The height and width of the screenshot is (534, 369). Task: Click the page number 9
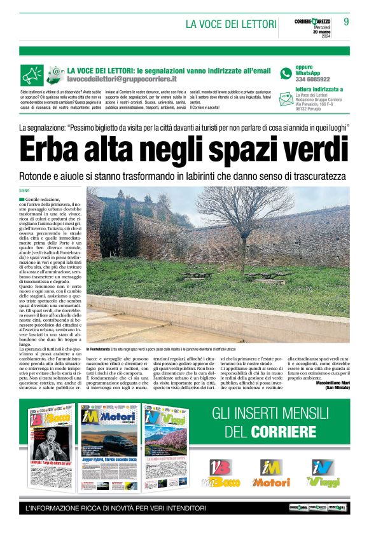[x=347, y=22]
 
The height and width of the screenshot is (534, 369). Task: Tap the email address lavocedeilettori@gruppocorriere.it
[x=122, y=80]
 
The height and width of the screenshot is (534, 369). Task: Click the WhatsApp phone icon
[x=286, y=73]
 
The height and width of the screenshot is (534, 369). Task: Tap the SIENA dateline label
[x=25, y=190]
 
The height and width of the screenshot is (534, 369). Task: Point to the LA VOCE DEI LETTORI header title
[x=230, y=25]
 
